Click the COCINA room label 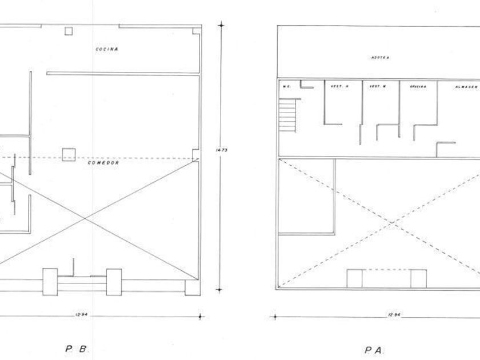pyautogui.click(x=106, y=49)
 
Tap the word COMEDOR pyautogui.click(x=103, y=163)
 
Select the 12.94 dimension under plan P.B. pyautogui.click(x=80, y=315)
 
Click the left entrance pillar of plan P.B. pyautogui.click(x=50, y=281)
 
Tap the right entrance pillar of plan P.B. pyautogui.click(x=114, y=281)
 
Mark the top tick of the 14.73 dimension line pyautogui.click(x=221, y=25)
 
